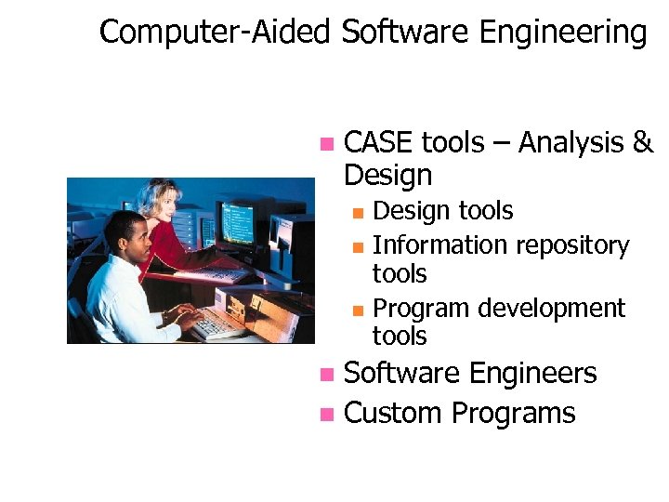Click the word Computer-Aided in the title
click(215, 32)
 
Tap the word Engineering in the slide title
click(562, 33)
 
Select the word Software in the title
click(405, 32)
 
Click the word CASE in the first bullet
click(379, 143)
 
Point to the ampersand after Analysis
click(643, 143)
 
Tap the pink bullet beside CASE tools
click(325, 144)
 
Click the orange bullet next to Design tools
click(359, 212)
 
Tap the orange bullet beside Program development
click(359, 309)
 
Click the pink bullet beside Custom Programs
click(325, 414)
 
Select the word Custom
click(393, 413)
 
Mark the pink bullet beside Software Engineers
click(325, 375)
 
